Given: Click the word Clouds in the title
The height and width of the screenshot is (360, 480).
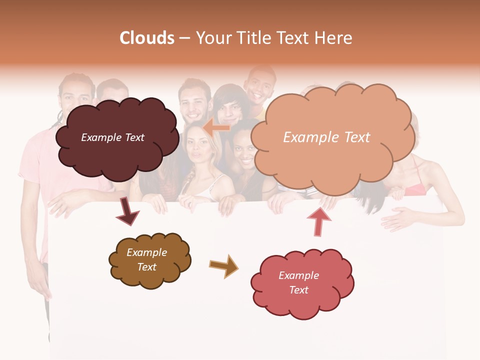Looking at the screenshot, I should point(147,38).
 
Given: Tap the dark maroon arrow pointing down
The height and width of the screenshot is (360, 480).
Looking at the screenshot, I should point(127,211).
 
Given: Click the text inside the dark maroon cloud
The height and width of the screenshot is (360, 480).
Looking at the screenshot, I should point(112,137).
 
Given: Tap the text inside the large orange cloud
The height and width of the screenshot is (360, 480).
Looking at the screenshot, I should point(326,137).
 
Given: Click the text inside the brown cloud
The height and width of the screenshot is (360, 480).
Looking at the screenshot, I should point(147,259).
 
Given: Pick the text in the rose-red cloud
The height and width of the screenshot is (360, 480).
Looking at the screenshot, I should point(298,282).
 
